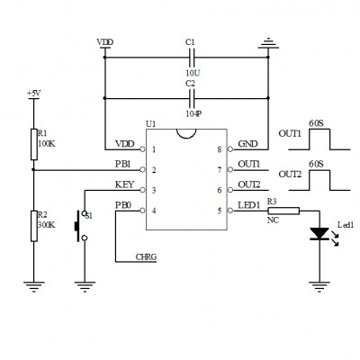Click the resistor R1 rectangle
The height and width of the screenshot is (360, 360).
pos(34,144)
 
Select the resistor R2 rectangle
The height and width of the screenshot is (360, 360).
pos(34,226)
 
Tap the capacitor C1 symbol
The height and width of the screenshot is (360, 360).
pos(192,58)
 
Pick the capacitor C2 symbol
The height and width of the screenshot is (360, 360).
pos(192,98)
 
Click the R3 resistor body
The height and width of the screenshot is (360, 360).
pos(283,211)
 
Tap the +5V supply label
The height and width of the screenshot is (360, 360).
pos(33,94)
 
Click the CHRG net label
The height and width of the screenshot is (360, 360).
pos(146,257)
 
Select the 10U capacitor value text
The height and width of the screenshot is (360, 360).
pos(193,73)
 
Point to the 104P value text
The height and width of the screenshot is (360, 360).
pos(193,113)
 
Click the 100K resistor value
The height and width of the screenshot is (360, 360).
pos(47,143)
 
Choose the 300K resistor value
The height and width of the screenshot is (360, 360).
pos(47,225)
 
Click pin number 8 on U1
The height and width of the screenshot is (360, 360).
pos(220,149)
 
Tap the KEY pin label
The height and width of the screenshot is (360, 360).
pos(124,184)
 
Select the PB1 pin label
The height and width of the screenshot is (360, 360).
pos(123,165)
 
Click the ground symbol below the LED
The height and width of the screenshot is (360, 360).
pos(319,286)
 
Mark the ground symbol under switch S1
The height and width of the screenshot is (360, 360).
pos(85,286)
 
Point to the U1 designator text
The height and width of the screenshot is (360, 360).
pos(150,123)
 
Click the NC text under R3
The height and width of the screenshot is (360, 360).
pos(273,220)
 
